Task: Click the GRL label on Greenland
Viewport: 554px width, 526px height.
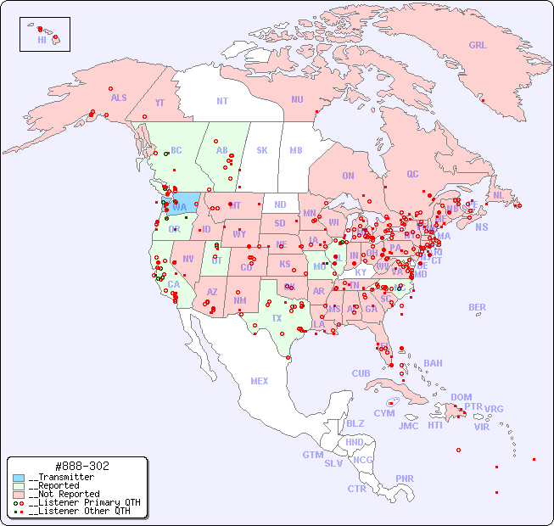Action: [x=478, y=46]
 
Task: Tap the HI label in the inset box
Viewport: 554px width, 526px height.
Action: [x=42, y=40]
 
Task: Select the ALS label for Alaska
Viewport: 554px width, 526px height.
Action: [x=119, y=98]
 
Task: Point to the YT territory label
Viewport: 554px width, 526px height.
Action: [x=159, y=103]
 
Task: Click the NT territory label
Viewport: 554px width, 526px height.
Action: [x=222, y=101]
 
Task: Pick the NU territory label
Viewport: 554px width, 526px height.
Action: [x=297, y=99]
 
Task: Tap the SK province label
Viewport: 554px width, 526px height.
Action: [x=262, y=150]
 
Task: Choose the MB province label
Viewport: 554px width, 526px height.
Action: [x=296, y=150]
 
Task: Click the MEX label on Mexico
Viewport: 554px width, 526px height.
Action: [x=260, y=381]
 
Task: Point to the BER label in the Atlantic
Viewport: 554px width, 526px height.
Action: [x=478, y=307]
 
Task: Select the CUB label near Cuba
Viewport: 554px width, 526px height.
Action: [x=361, y=373]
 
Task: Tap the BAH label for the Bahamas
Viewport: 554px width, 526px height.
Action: [x=433, y=363]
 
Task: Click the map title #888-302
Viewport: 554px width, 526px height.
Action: [x=81, y=467]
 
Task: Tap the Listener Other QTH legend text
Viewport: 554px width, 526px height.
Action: [x=79, y=511]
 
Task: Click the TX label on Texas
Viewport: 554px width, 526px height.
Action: [x=277, y=318]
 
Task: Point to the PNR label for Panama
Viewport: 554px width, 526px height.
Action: [x=405, y=478]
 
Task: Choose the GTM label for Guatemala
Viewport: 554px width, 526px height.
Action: [x=312, y=455]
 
